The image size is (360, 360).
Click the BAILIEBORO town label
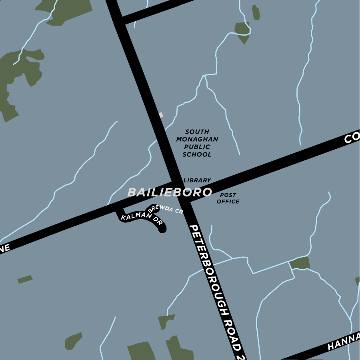(x=169, y=192)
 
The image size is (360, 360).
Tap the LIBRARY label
(x=197, y=181)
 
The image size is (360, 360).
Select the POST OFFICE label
(x=228, y=198)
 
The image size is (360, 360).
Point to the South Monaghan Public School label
(x=197, y=143)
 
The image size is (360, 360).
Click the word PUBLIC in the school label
(x=196, y=147)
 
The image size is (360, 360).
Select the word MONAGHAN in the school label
(x=197, y=139)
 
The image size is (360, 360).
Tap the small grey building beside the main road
(x=161, y=115)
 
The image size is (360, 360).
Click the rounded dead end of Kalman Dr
(x=162, y=230)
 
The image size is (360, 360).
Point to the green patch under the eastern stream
(x=300, y=263)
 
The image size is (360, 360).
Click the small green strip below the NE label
(x=25, y=279)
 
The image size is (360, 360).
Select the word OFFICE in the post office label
(x=228, y=202)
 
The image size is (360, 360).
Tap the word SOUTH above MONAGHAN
(x=197, y=132)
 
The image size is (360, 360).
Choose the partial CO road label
(x=352, y=138)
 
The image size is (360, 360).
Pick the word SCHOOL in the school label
(x=197, y=154)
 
